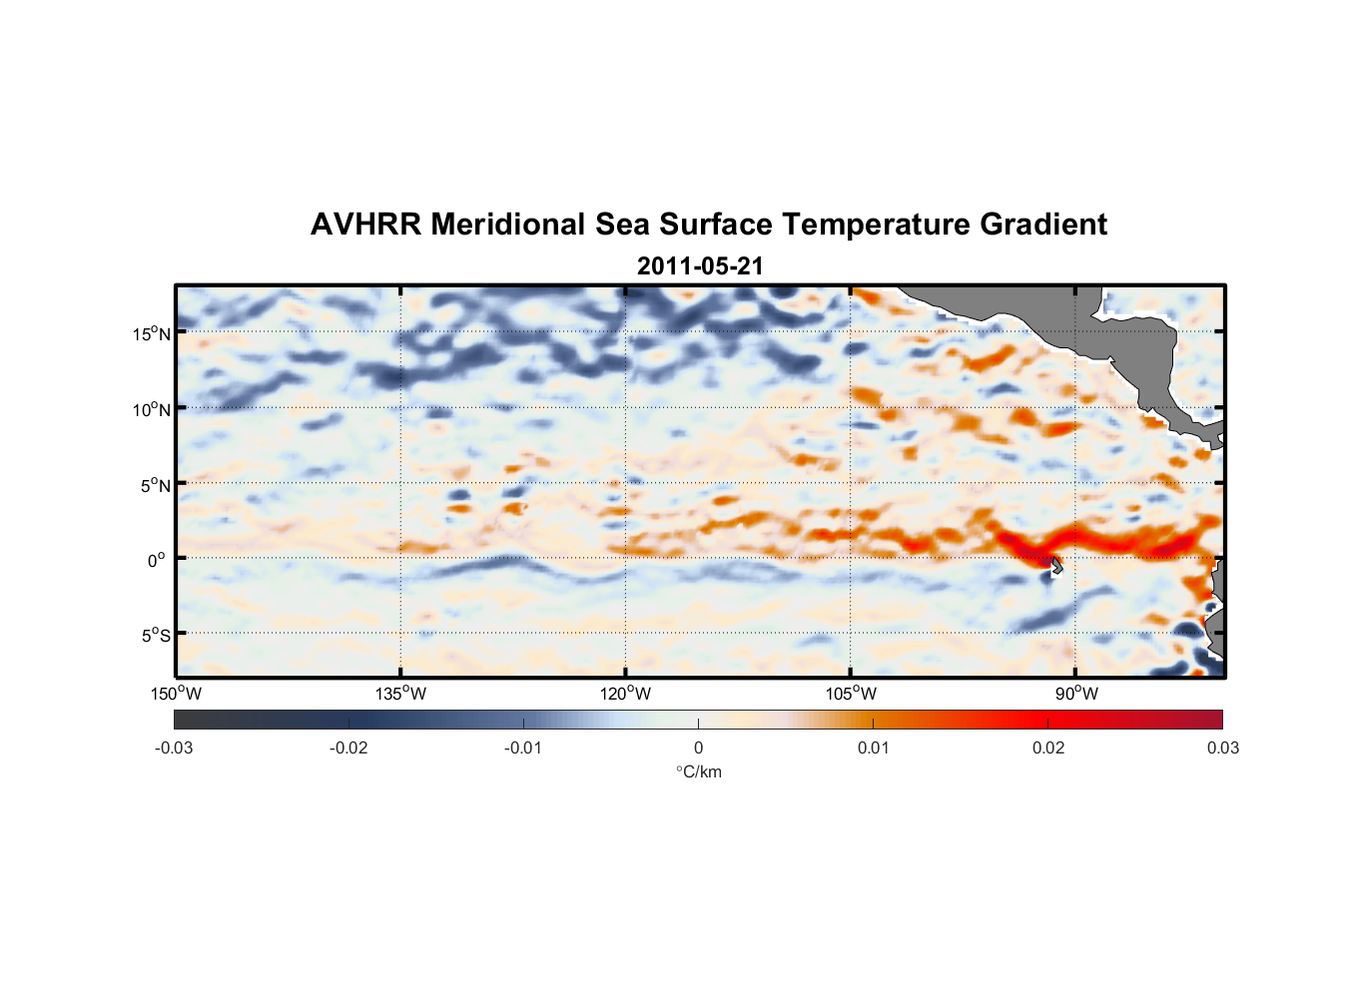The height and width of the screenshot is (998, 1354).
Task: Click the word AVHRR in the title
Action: (364, 225)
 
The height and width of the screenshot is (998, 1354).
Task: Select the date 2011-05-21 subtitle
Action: (700, 266)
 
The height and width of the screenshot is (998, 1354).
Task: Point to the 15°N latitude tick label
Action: (152, 333)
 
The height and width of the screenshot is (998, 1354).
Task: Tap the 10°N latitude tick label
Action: (152, 409)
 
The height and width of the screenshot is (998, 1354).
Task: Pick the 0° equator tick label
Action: (157, 560)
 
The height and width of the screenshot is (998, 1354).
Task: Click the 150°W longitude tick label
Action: (177, 694)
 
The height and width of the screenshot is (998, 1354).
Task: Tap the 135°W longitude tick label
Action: (401, 694)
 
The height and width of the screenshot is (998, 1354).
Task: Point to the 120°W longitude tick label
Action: (626, 694)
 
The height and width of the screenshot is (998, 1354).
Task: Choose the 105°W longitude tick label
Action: (851, 694)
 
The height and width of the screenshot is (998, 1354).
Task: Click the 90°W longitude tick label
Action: (1076, 694)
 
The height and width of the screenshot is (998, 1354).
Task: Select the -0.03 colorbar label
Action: (174, 748)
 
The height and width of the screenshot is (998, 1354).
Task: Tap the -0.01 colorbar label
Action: (523, 748)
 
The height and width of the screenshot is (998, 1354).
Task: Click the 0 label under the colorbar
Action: (698, 748)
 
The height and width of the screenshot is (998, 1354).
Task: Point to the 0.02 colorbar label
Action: (1048, 748)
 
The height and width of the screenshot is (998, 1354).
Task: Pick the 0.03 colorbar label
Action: (1222, 748)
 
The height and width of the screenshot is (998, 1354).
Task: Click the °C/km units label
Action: (698, 771)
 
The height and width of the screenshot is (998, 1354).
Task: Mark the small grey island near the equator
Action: (1055, 566)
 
